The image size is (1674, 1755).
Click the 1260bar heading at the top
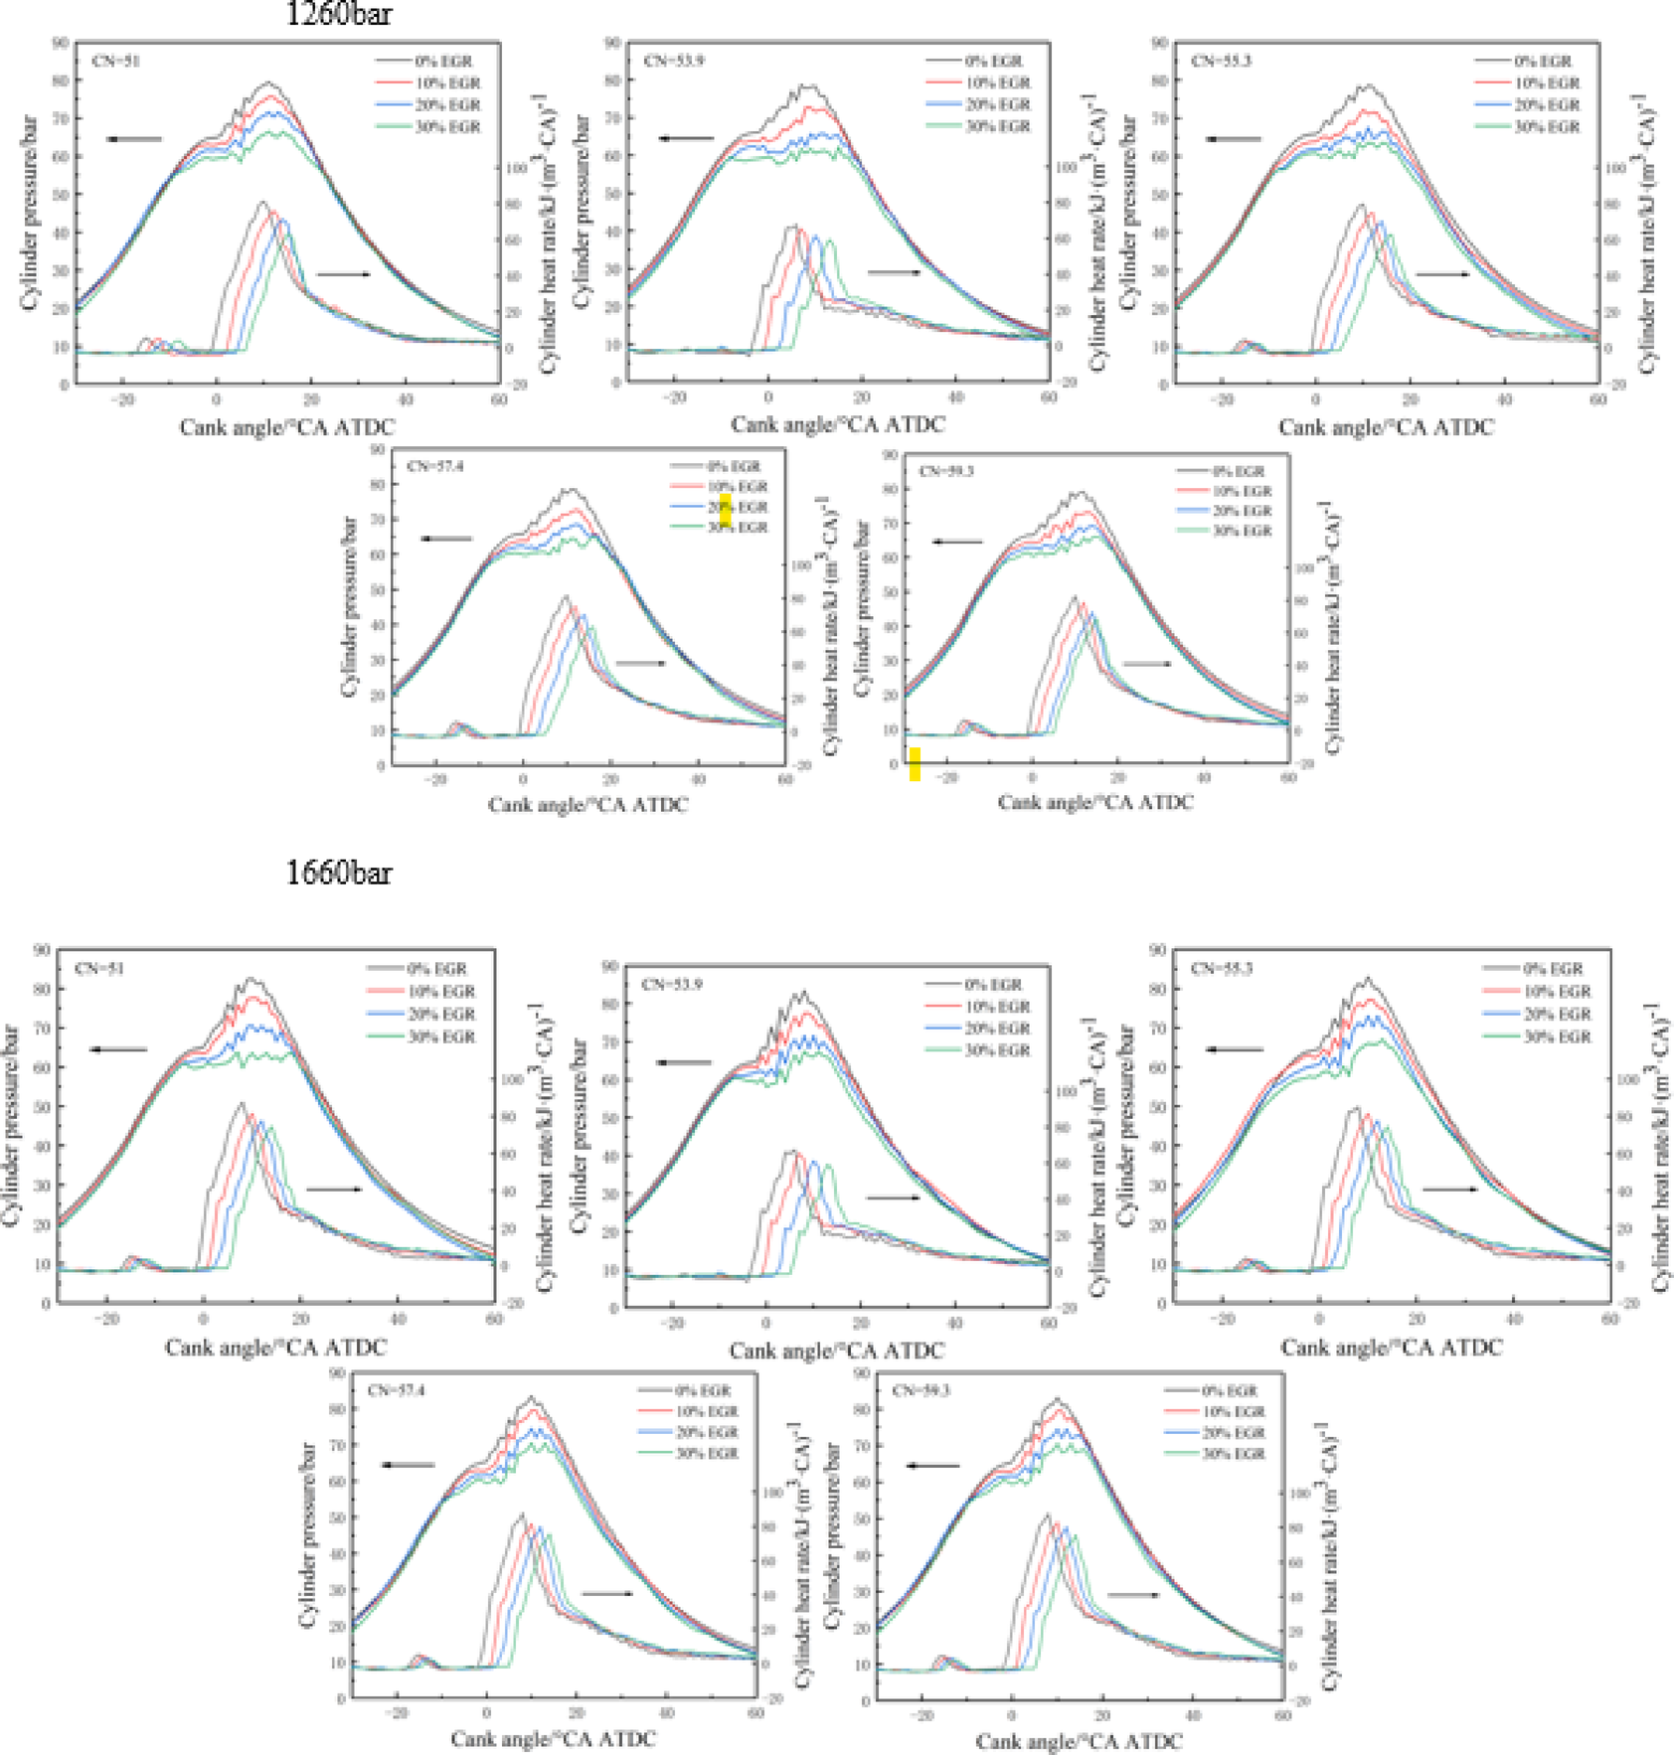338,14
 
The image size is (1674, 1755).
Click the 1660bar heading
338,873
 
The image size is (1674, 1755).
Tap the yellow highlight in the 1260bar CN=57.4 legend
725,509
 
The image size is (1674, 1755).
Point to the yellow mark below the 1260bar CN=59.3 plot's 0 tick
915,764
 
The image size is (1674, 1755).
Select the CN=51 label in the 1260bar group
115,61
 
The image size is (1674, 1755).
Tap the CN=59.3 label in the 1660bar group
921,1390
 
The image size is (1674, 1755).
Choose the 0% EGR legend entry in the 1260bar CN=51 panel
443,62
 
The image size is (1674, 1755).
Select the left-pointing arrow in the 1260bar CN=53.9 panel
686,138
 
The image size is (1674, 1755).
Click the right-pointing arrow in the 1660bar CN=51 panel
334,1189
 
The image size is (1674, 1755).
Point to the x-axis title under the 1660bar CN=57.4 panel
553,1739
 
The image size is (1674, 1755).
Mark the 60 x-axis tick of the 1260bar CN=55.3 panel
1597,399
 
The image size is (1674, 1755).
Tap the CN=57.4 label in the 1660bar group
396,1390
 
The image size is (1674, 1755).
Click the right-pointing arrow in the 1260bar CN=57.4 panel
641,663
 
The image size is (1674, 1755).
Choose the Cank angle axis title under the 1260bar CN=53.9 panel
838,424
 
